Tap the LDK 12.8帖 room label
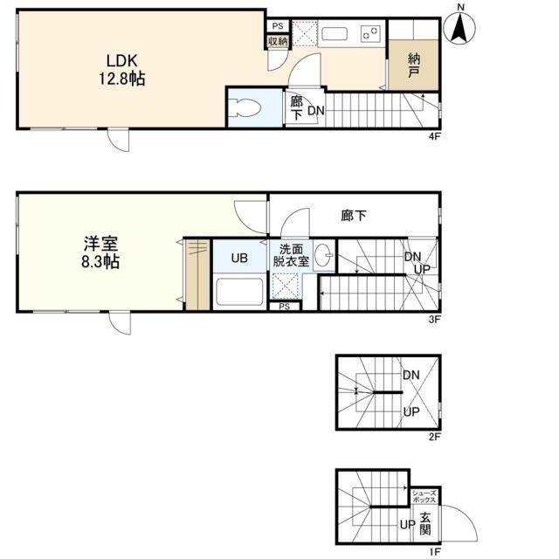[122, 70]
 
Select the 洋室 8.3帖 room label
[100, 252]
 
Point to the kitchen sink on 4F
[334, 34]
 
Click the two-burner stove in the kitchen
[370, 34]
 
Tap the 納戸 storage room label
[413, 66]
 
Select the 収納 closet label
[278, 41]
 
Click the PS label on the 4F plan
[278, 25]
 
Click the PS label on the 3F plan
[284, 307]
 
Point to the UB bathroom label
[239, 258]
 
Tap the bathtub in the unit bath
[239, 292]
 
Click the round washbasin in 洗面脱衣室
[323, 255]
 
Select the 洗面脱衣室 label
[291, 255]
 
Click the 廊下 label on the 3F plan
[353, 216]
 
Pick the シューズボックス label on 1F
[424, 497]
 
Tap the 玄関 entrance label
[425, 523]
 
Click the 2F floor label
[435, 437]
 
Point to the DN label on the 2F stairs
[411, 375]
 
